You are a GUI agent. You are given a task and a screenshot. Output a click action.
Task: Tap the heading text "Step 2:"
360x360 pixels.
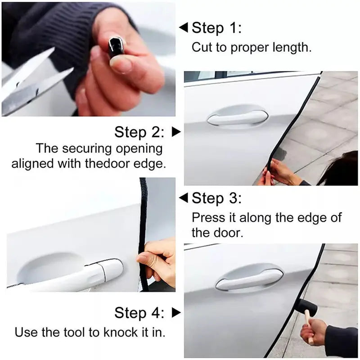(139, 132)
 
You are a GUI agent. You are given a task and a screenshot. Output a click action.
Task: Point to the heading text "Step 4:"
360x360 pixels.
(139, 312)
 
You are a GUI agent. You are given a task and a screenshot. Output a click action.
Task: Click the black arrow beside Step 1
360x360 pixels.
(183, 28)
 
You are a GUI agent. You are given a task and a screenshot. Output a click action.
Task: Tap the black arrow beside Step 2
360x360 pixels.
(176, 132)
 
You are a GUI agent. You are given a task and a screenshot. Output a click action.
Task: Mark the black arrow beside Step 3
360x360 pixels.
(183, 198)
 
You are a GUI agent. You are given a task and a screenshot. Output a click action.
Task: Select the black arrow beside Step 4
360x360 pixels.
(176, 312)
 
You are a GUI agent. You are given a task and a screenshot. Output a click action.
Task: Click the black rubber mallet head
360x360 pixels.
(306, 307)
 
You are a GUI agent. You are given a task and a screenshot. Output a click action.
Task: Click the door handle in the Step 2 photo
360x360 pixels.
(237, 118)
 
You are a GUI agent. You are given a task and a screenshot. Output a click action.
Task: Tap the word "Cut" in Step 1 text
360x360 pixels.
(201, 47)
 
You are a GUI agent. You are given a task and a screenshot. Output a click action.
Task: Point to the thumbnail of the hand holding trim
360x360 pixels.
(88, 58)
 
